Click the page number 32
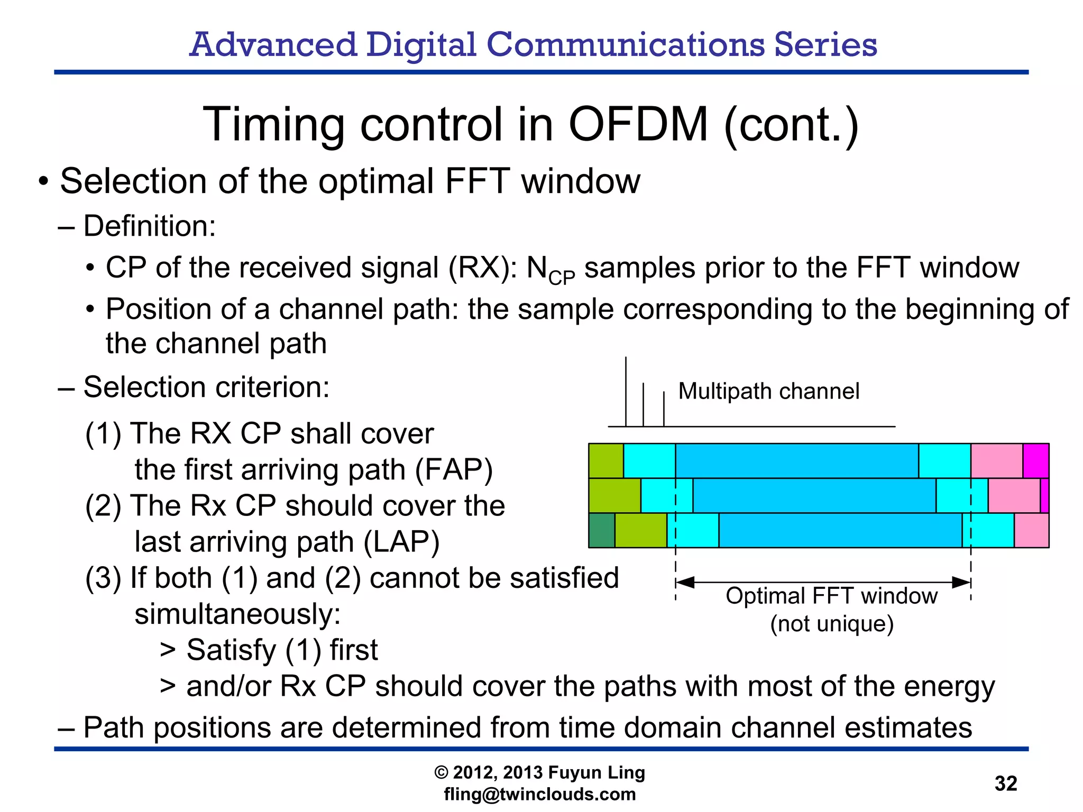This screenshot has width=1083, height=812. click(x=1005, y=783)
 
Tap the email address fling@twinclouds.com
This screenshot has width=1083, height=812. click(x=539, y=794)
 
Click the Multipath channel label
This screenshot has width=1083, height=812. click(x=768, y=391)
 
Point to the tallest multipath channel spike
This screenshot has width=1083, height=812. click(x=626, y=391)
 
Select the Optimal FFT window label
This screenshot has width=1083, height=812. click(x=831, y=596)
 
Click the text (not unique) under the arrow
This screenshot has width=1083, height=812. click(x=831, y=624)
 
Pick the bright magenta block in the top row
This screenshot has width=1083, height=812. click(x=1035, y=461)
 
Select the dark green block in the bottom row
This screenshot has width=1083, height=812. click(x=602, y=530)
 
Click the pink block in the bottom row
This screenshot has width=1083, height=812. click(x=1031, y=530)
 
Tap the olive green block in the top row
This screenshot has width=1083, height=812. click(x=606, y=461)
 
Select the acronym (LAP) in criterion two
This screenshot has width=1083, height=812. click(x=401, y=542)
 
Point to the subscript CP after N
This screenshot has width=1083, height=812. click(x=562, y=278)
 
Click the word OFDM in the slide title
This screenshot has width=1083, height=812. click(x=637, y=125)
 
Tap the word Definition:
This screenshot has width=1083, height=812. click(x=150, y=226)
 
